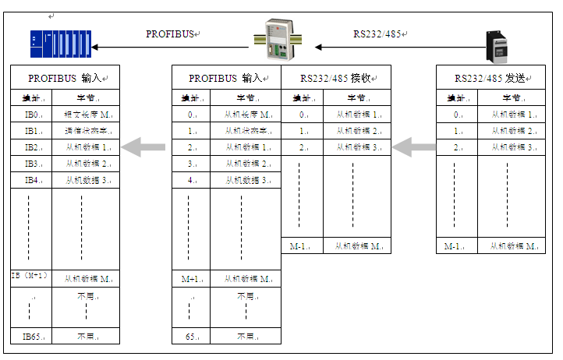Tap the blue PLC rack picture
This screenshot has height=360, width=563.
[x=61, y=42]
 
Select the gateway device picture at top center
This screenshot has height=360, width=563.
[x=278, y=40]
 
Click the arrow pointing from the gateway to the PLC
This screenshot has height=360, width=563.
[x=172, y=48]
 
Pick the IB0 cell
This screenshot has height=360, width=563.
[x=32, y=115]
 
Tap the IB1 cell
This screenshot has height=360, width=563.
[x=32, y=131]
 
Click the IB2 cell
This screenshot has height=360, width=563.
[x=32, y=147]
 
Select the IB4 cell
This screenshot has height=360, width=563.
[x=32, y=180]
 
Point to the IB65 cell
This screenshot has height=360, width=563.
[x=32, y=337]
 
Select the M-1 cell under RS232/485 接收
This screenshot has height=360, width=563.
[x=300, y=246]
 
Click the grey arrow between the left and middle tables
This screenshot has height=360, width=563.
[x=143, y=146]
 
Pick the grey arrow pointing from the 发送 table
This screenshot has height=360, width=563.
[x=413, y=146]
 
